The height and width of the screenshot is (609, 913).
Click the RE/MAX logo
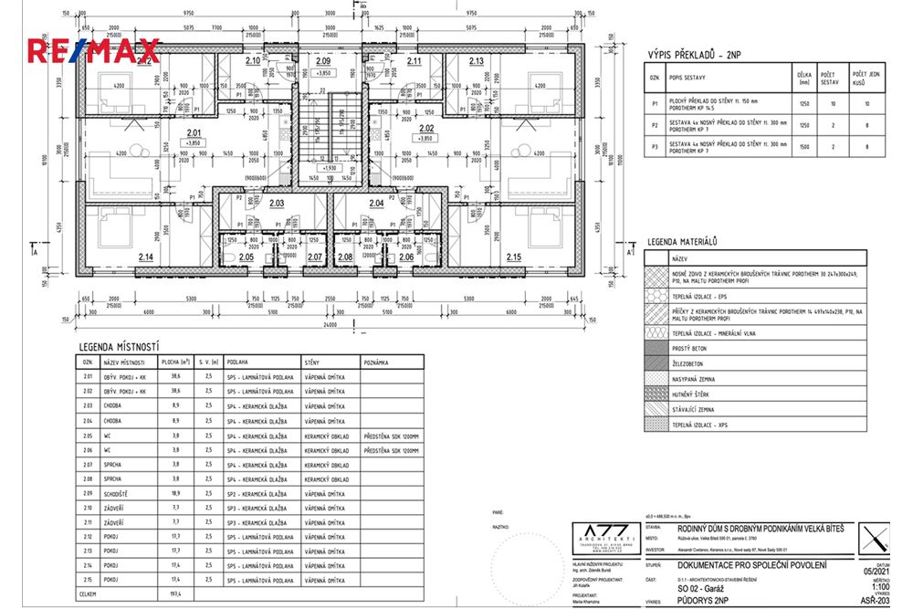pyautogui.click(x=93, y=50)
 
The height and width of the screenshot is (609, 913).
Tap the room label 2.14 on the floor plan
pyautogui.click(x=145, y=258)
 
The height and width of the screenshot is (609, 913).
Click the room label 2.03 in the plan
pyautogui.click(x=277, y=203)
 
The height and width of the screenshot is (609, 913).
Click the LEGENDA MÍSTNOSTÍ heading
pyautogui.click(x=120, y=347)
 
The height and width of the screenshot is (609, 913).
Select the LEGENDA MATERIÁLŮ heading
pyautogui.click(x=681, y=242)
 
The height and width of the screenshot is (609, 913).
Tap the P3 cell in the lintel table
pyautogui.click(x=654, y=145)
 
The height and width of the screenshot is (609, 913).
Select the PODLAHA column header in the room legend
pyautogui.click(x=241, y=362)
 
